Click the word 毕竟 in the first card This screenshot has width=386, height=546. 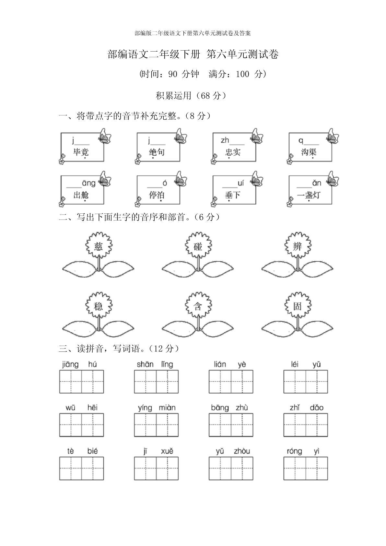[81, 152]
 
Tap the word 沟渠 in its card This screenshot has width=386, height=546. [309, 152]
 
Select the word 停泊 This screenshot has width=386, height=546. [157, 195]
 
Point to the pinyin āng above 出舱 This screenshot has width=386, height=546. [89, 183]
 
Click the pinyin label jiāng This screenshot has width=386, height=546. [70, 364]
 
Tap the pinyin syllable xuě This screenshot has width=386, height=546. [167, 451]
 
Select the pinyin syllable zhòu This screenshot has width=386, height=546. [242, 451]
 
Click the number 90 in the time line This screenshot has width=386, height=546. [172, 74]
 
